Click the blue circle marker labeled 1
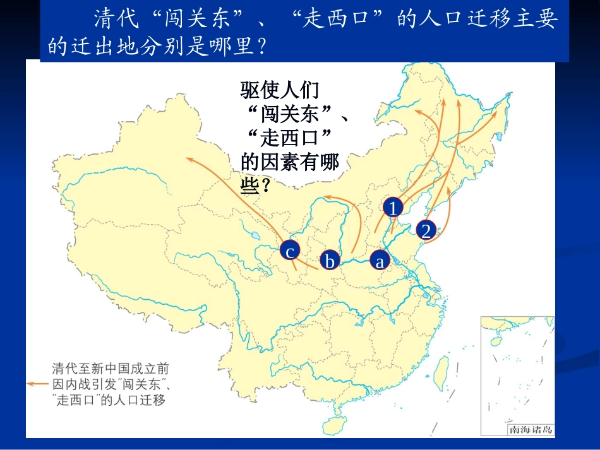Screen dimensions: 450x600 point(393,208)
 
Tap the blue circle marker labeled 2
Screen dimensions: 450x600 point(427,230)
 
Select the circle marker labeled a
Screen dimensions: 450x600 point(379,259)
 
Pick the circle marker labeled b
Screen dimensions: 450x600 point(329,260)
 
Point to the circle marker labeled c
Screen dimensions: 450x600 point(289,252)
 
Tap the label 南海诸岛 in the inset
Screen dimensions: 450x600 point(531,430)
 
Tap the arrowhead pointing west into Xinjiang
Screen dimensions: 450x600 point(188,159)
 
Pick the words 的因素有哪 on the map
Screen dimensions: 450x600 point(290,163)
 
